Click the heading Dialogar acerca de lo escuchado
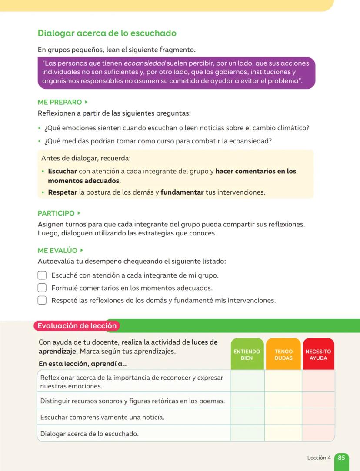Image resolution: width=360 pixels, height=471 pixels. pos(107,33)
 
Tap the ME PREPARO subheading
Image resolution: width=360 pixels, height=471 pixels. pos(60,102)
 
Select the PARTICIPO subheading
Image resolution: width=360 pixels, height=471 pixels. pos(57,213)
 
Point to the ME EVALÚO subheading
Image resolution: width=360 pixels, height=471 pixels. pos(58,251)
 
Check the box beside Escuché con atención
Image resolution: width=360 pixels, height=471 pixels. pos(42,275)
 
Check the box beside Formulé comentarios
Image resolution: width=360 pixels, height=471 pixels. pos(42,288)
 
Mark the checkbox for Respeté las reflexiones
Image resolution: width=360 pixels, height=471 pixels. pos(42,300)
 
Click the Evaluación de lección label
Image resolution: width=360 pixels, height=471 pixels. pos(77,325)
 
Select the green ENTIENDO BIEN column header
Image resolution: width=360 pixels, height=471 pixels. pos(247,355)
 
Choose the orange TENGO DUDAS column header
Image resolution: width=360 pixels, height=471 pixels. pos(283,355)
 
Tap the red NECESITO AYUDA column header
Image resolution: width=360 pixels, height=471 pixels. pos(318,355)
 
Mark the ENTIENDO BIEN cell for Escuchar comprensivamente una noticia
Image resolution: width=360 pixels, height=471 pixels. pos(247,417)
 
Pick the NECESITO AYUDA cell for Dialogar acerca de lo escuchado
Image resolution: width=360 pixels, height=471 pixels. pos(318,433)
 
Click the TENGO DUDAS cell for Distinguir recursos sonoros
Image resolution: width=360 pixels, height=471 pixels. pos(283,401)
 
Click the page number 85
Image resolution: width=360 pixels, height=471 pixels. pos(341,458)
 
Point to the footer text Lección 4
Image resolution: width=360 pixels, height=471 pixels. pos(319,458)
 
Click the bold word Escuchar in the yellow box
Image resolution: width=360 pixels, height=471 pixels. pos(63,171)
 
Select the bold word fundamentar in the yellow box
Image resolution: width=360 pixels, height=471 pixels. pos(182,192)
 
